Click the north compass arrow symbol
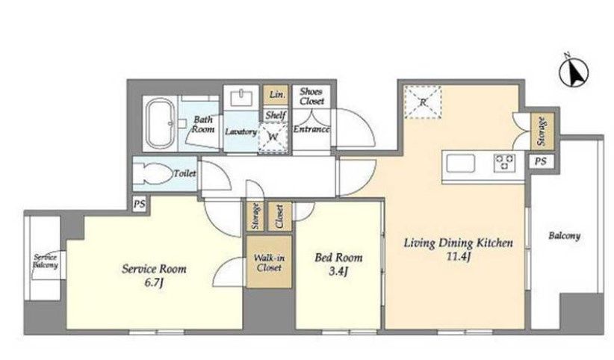[574, 72]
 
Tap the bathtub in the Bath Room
[159, 123]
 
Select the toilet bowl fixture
[155, 173]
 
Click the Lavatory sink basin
[241, 98]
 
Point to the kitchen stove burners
[505, 162]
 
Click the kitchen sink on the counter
[460, 163]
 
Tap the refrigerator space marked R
[423, 102]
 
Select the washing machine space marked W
[273, 137]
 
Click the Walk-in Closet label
[269, 263]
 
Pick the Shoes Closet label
[311, 96]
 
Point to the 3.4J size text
[338, 271]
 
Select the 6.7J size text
[154, 283]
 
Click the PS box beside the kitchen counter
[541, 161]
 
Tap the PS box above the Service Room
[140, 204]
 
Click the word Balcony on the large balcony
[564, 236]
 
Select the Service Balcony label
[46, 261]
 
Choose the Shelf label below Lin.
[276, 115]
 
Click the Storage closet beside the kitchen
[542, 131]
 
